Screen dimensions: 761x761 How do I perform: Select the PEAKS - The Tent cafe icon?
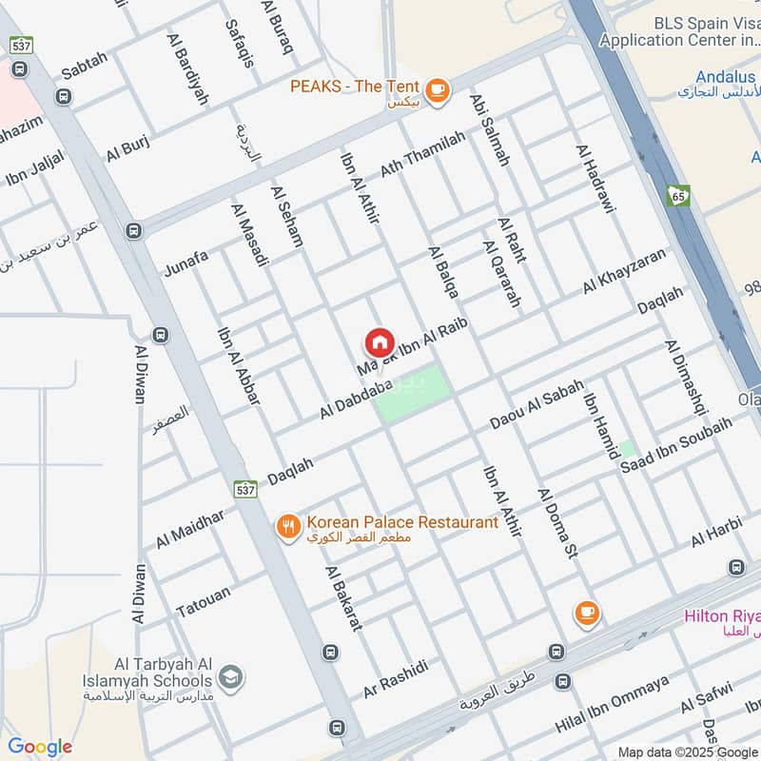pos(437,89)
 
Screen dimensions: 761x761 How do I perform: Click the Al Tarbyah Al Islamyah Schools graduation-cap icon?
pos(229,677)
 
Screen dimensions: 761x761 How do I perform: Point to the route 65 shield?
pos(677,195)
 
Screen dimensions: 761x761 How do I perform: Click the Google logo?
pos(40,746)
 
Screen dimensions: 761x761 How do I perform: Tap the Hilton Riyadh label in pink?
pos(723,616)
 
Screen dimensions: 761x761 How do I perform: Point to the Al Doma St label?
pos(558,524)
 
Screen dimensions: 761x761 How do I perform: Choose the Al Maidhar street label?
pos(190,529)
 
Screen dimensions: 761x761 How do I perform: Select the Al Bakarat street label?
pos(344,598)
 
